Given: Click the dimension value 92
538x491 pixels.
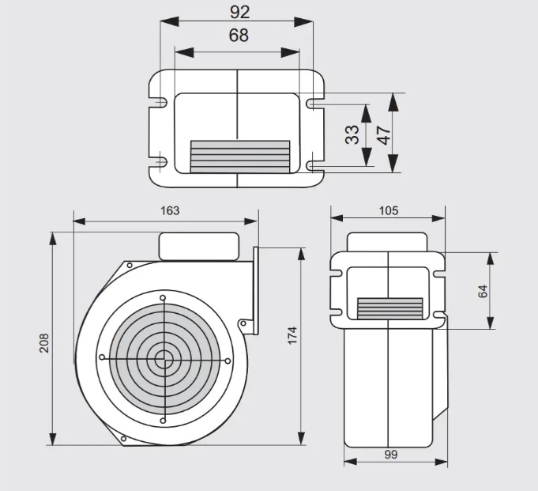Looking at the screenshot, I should (238, 12).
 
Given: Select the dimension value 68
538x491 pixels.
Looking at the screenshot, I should (238, 36).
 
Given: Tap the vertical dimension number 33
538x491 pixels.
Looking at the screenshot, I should (353, 134).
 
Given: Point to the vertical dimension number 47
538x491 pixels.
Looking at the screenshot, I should (385, 133).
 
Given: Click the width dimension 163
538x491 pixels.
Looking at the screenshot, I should (169, 210).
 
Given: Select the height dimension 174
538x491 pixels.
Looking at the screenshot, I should (292, 335).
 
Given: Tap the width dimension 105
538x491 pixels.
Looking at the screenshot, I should (388, 210).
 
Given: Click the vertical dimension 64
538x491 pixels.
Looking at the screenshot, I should (483, 289).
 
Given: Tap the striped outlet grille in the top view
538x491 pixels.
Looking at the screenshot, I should (240, 157).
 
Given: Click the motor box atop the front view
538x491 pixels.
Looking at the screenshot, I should (199, 246).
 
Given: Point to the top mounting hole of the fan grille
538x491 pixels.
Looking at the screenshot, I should (164, 298).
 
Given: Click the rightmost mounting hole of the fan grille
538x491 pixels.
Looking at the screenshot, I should (228, 361).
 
